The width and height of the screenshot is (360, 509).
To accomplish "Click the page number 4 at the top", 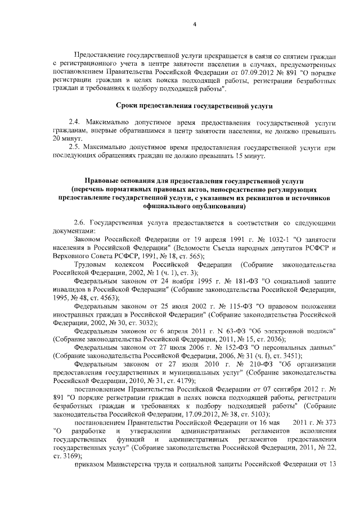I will pyautogui.click(x=194, y=24).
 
